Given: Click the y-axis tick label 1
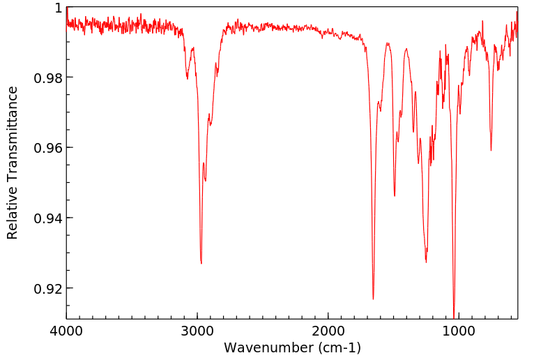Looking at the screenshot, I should point(58,8).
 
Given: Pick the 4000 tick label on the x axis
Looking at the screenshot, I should point(67,331).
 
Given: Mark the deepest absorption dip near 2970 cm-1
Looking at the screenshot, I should point(201,263).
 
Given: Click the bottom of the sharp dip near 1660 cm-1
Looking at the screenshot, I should point(373,299).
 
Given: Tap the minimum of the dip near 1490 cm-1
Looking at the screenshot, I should point(395,195).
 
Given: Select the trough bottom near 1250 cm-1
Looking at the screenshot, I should point(426,262).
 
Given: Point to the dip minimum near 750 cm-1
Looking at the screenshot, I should point(491,150).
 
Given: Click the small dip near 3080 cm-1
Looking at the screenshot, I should point(187,78).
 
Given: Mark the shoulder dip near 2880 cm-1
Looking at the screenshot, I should point(210,125).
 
